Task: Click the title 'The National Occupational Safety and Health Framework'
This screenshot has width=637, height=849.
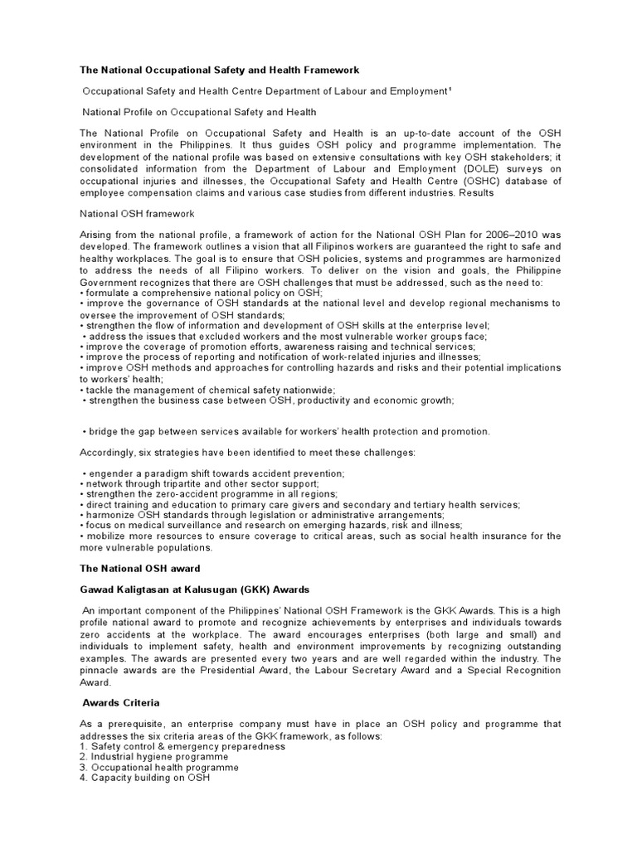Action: [x=219, y=70]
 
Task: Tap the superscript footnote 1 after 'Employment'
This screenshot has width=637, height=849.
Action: [x=450, y=90]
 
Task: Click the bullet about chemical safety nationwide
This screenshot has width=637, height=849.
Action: [x=207, y=390]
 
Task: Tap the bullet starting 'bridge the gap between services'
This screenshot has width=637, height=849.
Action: [x=287, y=431]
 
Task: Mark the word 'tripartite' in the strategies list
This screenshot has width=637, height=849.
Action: [x=182, y=483]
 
